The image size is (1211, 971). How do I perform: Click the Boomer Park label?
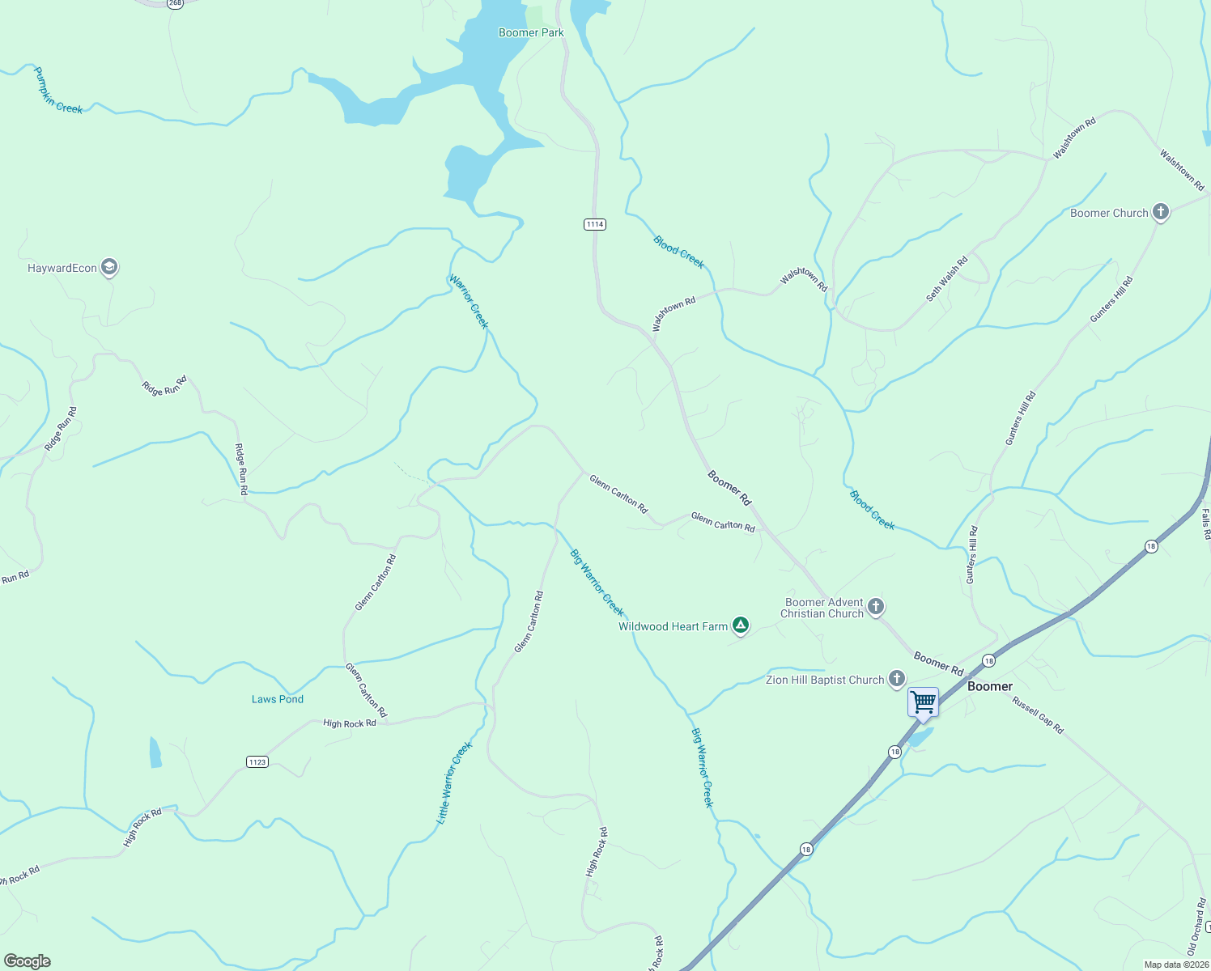point(531,33)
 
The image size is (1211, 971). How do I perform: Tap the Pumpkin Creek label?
point(57,91)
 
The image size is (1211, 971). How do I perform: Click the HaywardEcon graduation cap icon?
point(109,267)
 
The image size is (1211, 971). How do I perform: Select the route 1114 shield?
point(595,224)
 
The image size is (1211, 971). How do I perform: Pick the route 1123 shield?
point(257,761)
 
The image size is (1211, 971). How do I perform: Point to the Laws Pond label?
point(278,699)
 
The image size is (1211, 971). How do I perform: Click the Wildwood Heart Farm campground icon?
point(740,625)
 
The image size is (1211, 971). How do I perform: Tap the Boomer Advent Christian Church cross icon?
point(875,606)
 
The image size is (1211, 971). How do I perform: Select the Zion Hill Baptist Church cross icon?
point(896,678)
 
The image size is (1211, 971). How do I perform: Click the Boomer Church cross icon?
point(1160,212)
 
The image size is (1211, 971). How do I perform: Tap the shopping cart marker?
point(923,702)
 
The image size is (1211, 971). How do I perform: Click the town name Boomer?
point(990,686)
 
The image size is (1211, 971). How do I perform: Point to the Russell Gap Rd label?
point(1038,714)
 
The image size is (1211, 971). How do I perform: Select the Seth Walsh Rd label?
point(947,279)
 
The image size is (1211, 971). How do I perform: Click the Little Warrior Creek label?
point(454,782)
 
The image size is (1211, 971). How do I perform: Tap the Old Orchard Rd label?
point(1196,926)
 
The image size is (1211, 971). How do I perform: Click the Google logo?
point(27,961)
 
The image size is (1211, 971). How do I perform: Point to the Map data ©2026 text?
point(1175,965)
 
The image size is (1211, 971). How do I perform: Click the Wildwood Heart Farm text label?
point(673,626)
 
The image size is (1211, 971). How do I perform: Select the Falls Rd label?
point(1205,524)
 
